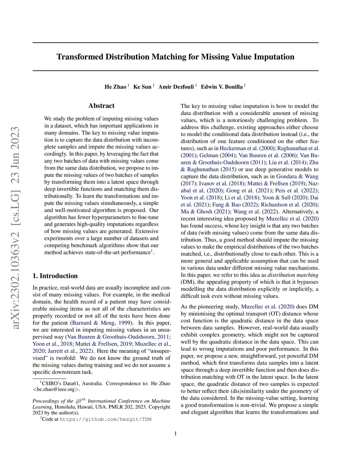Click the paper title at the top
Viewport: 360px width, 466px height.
[x=175, y=57]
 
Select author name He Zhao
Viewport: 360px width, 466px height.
[x=115, y=87]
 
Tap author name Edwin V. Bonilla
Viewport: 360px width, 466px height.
[x=221, y=87]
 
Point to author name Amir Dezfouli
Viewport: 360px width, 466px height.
[x=176, y=87]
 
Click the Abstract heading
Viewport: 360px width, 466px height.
[x=101, y=106]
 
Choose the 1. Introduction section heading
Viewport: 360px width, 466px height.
[x=55, y=276]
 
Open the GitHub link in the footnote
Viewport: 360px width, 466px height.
[x=105, y=419]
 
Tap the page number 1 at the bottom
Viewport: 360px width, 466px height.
[x=175, y=434]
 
